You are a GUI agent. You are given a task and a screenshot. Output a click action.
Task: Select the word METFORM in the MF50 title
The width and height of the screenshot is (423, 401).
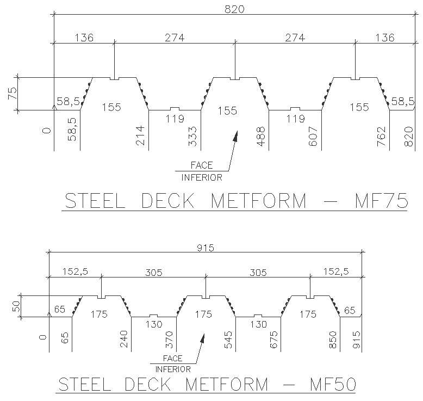point(227,384)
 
